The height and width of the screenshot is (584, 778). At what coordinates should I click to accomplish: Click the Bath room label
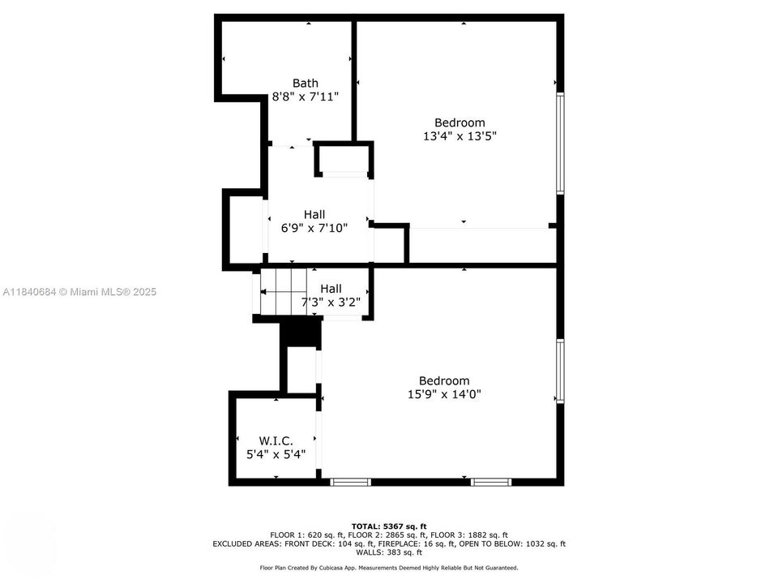(305, 83)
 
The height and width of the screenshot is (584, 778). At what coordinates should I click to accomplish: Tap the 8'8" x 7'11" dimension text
(305, 97)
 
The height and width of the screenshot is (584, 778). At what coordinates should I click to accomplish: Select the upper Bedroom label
(460, 123)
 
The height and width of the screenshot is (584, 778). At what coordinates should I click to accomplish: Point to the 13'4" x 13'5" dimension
(460, 136)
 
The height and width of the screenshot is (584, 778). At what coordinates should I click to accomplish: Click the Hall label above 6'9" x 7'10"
(314, 214)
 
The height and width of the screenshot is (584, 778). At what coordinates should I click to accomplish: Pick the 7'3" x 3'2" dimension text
(331, 303)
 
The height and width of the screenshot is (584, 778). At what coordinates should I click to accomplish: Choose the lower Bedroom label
(444, 380)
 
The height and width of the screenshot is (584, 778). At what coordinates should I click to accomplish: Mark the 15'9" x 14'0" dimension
(444, 394)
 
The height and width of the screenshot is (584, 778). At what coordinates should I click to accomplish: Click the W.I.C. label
(276, 441)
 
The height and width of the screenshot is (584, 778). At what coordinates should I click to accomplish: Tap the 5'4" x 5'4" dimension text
(276, 455)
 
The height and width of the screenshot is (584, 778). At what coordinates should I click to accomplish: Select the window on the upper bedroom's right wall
(559, 143)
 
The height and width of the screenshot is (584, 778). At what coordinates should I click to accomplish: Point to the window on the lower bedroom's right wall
(559, 371)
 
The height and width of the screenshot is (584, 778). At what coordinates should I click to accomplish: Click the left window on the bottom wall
(351, 482)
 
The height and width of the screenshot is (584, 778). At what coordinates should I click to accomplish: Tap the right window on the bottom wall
(492, 482)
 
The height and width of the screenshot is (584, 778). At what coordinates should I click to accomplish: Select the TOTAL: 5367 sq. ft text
(389, 526)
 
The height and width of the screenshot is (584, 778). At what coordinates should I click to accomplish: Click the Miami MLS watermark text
(79, 292)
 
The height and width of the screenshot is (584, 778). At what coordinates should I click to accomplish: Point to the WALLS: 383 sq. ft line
(389, 552)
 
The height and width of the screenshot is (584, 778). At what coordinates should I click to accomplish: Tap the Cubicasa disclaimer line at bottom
(389, 568)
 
